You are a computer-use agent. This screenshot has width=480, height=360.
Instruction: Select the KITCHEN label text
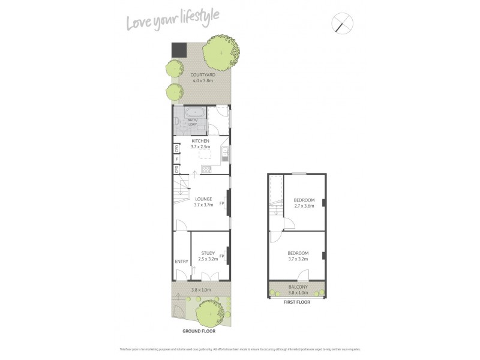200,141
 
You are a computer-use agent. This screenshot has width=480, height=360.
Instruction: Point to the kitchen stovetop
206,169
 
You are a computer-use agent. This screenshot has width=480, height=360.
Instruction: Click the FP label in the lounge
222,203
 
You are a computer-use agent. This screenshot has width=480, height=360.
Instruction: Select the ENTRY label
181,261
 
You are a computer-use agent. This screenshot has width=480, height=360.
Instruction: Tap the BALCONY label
298,287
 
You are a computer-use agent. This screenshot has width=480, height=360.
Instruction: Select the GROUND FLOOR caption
199,331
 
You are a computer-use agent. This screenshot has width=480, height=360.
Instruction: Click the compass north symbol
343,24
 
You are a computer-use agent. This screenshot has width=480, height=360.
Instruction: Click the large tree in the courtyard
221,52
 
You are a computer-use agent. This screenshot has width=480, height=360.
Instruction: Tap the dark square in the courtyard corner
178,50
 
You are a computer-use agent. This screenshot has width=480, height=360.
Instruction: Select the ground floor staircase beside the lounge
182,191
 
